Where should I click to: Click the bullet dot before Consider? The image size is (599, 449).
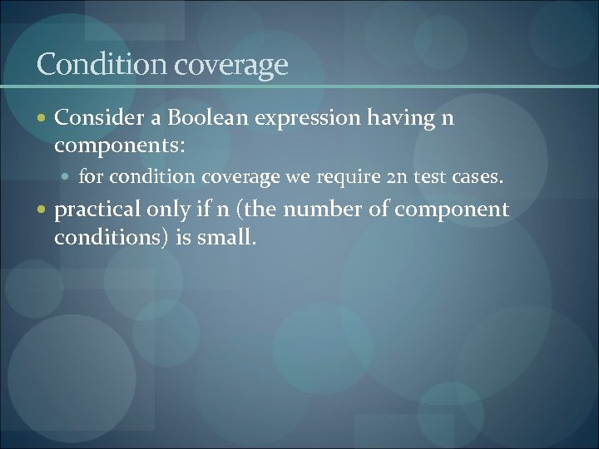tap(42, 119)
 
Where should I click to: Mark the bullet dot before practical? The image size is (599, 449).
tap(42, 210)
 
